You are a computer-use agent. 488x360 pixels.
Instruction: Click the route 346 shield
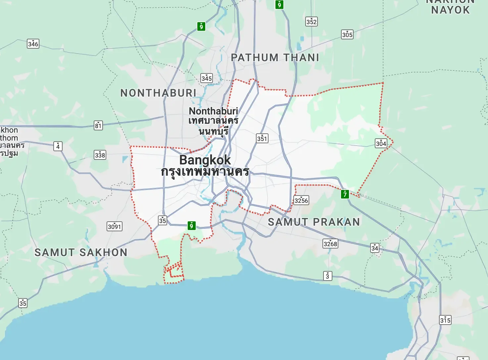[33, 44]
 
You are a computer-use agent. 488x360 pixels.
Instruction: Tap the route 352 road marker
[311, 22]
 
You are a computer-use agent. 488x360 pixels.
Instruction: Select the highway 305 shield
[347, 34]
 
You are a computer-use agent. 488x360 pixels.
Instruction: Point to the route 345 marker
[207, 78]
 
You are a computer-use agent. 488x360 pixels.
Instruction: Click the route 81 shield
[98, 125]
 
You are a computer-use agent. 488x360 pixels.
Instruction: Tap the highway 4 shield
[58, 146]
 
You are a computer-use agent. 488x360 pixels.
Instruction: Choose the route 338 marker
[100, 155]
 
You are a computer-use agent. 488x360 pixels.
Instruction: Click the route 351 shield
[262, 138]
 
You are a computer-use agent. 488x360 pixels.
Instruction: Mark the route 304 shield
[381, 143]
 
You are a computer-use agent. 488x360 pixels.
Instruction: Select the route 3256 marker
[301, 200]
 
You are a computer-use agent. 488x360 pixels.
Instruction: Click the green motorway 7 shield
[345, 194]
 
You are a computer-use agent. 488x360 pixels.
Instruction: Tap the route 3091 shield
[115, 226]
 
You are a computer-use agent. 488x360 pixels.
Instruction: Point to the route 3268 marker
[330, 244]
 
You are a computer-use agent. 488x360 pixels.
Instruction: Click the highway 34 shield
[374, 248]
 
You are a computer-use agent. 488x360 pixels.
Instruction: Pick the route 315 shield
[445, 320]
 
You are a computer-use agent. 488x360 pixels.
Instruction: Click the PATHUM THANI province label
[275, 58]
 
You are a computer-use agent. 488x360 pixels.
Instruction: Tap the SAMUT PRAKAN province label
[314, 222]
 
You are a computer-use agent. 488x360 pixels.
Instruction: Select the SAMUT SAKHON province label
[81, 252]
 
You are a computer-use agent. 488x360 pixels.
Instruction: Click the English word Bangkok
[205, 160]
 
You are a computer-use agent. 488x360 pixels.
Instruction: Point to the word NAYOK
[450, 10]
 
